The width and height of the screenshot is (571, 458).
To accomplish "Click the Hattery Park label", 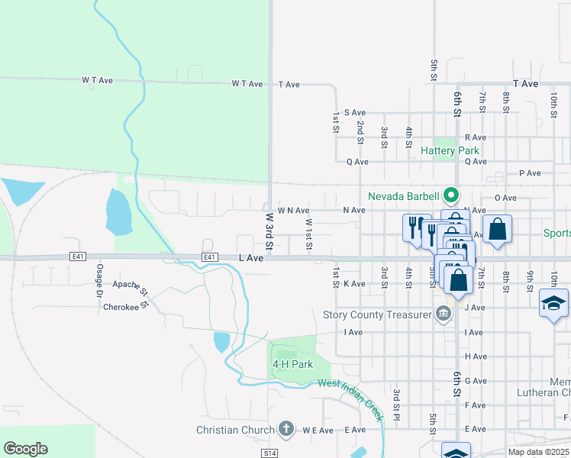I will [450, 150].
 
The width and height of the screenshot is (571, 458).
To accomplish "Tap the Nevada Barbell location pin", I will [451, 195].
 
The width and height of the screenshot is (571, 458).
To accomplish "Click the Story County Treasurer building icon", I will [443, 314].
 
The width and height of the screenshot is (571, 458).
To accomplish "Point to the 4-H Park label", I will [292, 365].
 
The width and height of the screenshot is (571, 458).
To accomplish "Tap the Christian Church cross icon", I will [286, 430].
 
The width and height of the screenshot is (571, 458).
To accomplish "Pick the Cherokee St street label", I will [124, 308].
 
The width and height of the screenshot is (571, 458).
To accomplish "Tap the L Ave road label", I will [250, 259].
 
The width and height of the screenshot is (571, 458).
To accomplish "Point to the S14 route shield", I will [268, 453].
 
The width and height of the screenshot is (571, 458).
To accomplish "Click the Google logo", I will [25, 449].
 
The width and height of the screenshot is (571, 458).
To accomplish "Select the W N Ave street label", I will [293, 210].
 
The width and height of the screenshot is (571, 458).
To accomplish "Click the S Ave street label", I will [355, 112].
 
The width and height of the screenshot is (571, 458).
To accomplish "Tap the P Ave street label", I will [530, 173].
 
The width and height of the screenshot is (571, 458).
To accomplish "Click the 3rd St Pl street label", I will [397, 405].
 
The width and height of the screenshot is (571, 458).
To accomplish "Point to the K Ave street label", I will [355, 283].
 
